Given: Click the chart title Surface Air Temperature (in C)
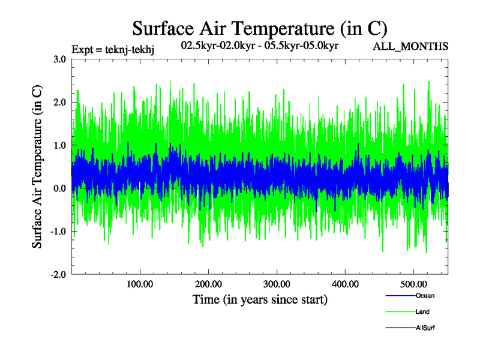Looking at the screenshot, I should (260, 28).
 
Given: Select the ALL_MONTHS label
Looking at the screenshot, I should (411, 46).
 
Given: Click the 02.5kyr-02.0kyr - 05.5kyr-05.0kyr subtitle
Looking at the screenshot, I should (260, 45).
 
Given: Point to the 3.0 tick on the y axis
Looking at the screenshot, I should (59, 59).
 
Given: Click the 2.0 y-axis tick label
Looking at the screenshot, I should (59, 102).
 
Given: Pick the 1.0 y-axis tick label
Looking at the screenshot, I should (59, 145).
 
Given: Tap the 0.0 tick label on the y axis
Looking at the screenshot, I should (59, 188).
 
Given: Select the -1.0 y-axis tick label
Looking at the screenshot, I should (58, 232).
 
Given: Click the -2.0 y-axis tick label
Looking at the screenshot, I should (58, 275).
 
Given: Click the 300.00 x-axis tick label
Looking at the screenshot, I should (277, 284).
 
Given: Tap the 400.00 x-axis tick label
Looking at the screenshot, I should (345, 284).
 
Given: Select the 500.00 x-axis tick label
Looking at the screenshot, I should (413, 284).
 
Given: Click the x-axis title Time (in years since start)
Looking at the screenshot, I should (260, 299).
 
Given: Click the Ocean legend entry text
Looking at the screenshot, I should (425, 296).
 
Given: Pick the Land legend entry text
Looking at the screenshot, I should (422, 312).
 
